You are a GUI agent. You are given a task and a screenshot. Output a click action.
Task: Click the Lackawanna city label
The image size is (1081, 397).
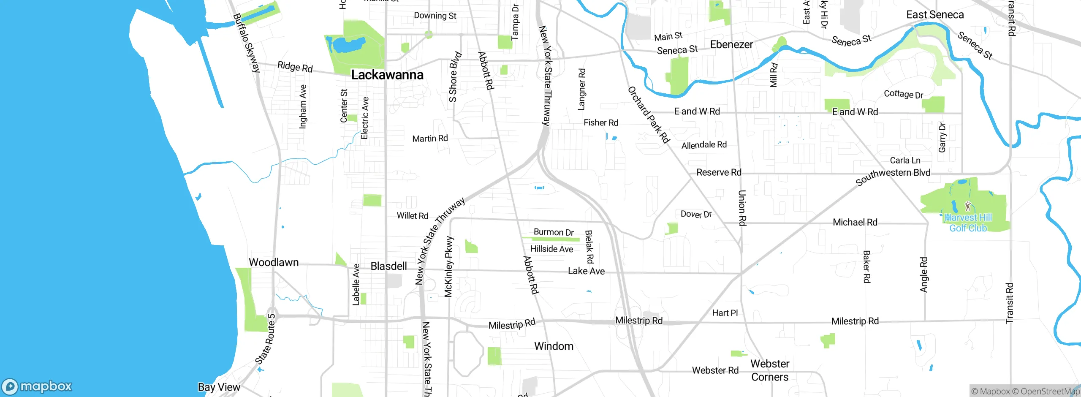point(387,75)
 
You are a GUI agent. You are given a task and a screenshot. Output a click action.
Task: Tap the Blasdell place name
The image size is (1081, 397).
point(388,266)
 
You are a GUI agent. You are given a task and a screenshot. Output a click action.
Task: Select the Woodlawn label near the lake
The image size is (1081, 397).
point(274,262)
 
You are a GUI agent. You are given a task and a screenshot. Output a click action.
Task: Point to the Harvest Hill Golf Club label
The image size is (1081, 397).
point(968,223)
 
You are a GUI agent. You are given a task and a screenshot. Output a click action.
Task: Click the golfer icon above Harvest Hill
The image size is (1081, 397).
point(968,206)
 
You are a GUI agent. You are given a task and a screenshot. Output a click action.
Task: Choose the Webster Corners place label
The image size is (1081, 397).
point(769,370)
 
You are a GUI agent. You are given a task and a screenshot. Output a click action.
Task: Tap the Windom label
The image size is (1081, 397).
point(554,346)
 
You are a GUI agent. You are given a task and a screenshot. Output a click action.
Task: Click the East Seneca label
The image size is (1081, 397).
point(935,15)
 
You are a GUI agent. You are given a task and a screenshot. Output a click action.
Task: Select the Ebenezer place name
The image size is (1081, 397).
point(731,44)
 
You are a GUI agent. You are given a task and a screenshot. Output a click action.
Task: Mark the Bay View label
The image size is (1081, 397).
point(219,387)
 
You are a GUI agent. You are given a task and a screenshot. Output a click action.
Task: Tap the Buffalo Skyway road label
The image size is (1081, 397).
point(247,43)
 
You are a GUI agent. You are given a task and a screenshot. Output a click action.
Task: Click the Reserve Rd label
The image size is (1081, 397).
point(719,172)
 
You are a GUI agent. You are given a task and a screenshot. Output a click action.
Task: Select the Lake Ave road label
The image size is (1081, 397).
point(586,271)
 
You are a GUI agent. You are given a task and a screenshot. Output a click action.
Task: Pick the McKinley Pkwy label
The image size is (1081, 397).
point(448,266)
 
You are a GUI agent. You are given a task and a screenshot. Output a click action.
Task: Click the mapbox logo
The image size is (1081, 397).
point(37,386)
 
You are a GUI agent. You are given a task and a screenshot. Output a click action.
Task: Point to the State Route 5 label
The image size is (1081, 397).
point(266,339)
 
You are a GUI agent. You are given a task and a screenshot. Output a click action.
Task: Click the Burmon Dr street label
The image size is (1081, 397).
point(554,232)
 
